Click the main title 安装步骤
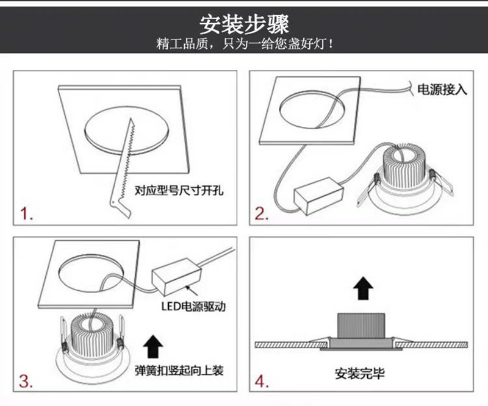pos(244,24)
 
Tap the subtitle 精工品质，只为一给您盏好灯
pos(245,43)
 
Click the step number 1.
pos(26,213)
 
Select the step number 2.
pos(262,214)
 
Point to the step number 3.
pos(26,380)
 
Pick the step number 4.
pos(262,382)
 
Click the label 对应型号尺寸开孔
pos(179,190)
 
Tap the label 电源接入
pos(442,90)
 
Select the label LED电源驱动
pos(193,307)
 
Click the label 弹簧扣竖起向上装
pos(179,371)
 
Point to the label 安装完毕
pos(359,373)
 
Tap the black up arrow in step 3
pos(153,346)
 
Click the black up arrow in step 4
pos(363,288)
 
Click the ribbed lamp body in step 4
pos(361,326)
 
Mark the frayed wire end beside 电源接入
pos(411,88)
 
